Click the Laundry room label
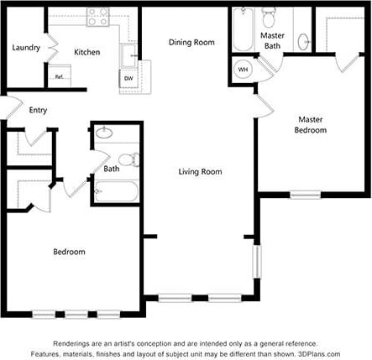(x=26, y=48)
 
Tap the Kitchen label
(x=87, y=52)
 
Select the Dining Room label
(x=191, y=42)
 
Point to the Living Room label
(x=200, y=172)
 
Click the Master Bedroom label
(x=310, y=124)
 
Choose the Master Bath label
(x=272, y=41)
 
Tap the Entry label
(x=38, y=110)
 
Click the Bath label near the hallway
(x=112, y=169)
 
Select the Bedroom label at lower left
(x=69, y=252)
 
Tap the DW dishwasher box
(x=128, y=78)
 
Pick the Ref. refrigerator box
(x=60, y=77)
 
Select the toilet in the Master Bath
(x=270, y=16)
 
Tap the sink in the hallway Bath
(x=105, y=132)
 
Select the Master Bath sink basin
(x=303, y=41)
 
